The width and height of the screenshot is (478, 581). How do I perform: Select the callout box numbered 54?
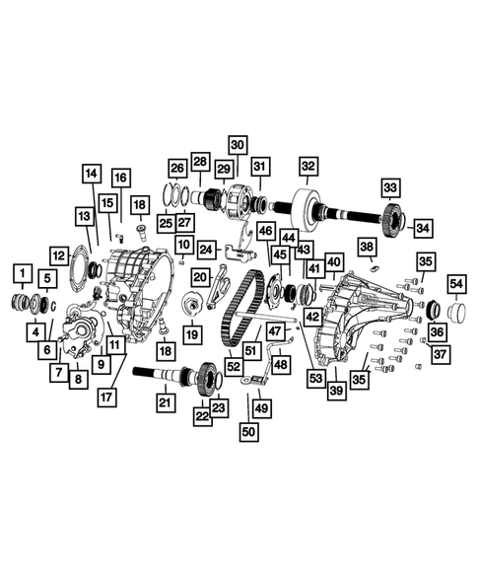pyautogui.click(x=455, y=284)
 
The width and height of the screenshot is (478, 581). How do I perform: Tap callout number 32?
pyautogui.click(x=308, y=166)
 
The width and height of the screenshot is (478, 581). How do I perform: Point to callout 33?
pyautogui.click(x=391, y=187)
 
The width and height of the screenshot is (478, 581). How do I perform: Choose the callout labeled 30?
pyautogui.click(x=239, y=143)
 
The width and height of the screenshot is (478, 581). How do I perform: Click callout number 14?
pyautogui.click(x=91, y=174)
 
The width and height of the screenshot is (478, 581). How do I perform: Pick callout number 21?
pyautogui.click(x=166, y=401)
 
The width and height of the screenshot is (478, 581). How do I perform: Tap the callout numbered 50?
pyautogui.click(x=248, y=431)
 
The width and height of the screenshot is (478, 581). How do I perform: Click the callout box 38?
pyautogui.click(x=367, y=247)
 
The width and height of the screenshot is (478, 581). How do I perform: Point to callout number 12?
pyautogui.click(x=59, y=255)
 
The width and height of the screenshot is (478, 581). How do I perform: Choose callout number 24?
pyautogui.click(x=207, y=250)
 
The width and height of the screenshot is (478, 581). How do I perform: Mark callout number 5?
pyautogui.click(x=47, y=280)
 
